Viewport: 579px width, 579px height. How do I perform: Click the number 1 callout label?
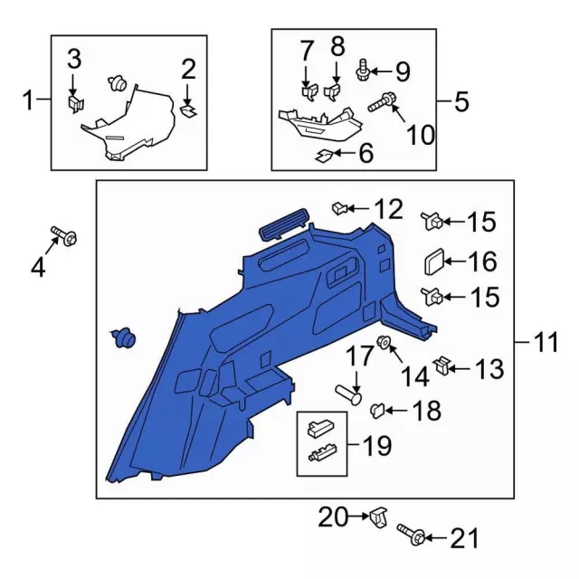click(28, 100)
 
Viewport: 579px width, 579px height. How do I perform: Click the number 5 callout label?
click(462, 100)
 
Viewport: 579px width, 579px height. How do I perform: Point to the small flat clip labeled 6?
click(323, 155)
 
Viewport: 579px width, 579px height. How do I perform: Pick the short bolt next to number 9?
click(365, 66)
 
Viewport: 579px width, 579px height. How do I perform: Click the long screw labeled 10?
click(380, 103)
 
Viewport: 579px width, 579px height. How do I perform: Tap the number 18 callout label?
click(426, 412)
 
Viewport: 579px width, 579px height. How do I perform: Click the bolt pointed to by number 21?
click(410, 538)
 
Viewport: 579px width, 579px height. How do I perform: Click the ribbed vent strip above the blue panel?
click(282, 222)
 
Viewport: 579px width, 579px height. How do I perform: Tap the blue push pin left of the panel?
click(123, 338)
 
